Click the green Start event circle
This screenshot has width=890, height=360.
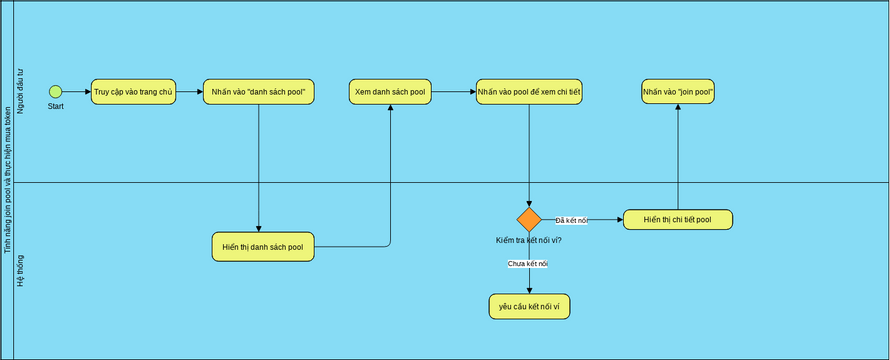[x=55, y=92]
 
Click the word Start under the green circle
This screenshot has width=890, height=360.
[x=55, y=106]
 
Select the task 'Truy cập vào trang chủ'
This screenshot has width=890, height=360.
[x=133, y=92]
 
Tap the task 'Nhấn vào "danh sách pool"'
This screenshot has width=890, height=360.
[x=258, y=92]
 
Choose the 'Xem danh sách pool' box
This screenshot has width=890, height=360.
[x=390, y=92]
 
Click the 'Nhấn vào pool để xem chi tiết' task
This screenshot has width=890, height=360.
[x=529, y=92]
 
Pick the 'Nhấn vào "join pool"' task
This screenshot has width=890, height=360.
[x=678, y=92]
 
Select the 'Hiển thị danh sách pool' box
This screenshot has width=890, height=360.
[x=263, y=246]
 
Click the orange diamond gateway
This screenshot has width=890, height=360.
[x=529, y=220]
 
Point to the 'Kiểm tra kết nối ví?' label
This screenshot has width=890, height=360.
[x=529, y=240]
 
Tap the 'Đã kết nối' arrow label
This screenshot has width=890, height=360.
[x=571, y=220]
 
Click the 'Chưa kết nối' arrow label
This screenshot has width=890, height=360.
[x=528, y=263]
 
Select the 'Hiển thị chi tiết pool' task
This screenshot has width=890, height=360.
[x=678, y=219]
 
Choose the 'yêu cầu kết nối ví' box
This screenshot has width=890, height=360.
[x=529, y=306]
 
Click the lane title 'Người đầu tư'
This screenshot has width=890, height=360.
[x=21, y=92]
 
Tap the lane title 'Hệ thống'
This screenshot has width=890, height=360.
[x=21, y=271]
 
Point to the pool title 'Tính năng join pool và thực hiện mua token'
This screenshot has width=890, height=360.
[x=8, y=180]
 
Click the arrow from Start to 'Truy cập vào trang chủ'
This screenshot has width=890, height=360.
[x=76, y=92]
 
